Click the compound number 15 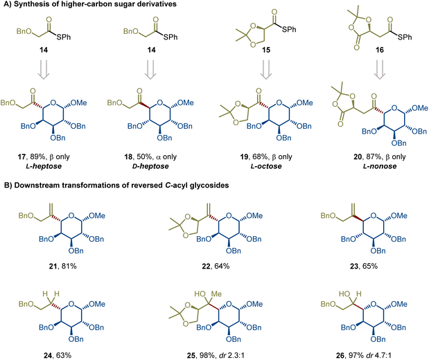[x=266, y=50]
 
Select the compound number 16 [x=380, y=50]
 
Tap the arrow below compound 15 [x=266, y=69]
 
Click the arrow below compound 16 [x=380, y=69]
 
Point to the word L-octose [x=266, y=166]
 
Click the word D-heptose [x=150, y=166]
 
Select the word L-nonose [x=380, y=166]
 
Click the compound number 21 [x=53, y=266]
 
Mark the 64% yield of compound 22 [x=222, y=266]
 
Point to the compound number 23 [x=354, y=266]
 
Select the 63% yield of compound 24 [x=64, y=356]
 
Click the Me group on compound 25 [x=216, y=294]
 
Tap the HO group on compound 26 [x=344, y=294]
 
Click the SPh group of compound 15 [x=289, y=29]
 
